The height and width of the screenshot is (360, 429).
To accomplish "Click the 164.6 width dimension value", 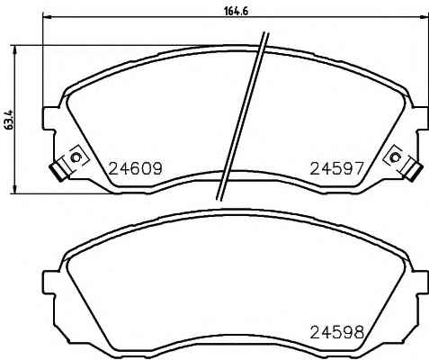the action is click(x=237, y=12).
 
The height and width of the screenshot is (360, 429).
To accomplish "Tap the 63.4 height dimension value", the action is click(x=9, y=120).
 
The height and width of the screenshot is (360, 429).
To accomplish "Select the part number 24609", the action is click(x=135, y=168).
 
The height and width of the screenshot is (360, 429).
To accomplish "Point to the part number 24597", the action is click(x=336, y=168).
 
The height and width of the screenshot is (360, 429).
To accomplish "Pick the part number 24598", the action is click(x=337, y=332).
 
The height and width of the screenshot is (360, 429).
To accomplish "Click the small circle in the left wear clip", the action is click(x=76, y=157).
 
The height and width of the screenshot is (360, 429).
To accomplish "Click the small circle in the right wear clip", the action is click(x=396, y=157).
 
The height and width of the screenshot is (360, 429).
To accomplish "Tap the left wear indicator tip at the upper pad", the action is click(x=57, y=172).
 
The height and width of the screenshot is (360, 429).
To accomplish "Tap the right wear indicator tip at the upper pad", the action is click(x=416, y=172).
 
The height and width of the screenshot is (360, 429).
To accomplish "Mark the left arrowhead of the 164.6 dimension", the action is click(x=48, y=17).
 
